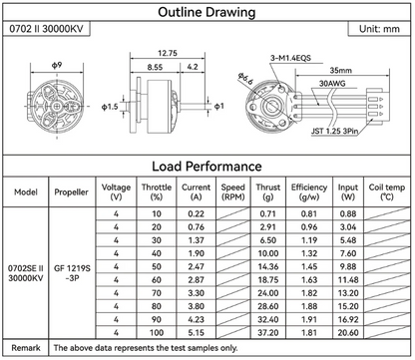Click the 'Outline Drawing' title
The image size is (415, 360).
coord(207,13)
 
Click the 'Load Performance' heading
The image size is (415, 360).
coord(207,167)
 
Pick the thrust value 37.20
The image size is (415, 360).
coord(266,331)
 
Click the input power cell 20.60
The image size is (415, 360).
coord(347,331)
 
